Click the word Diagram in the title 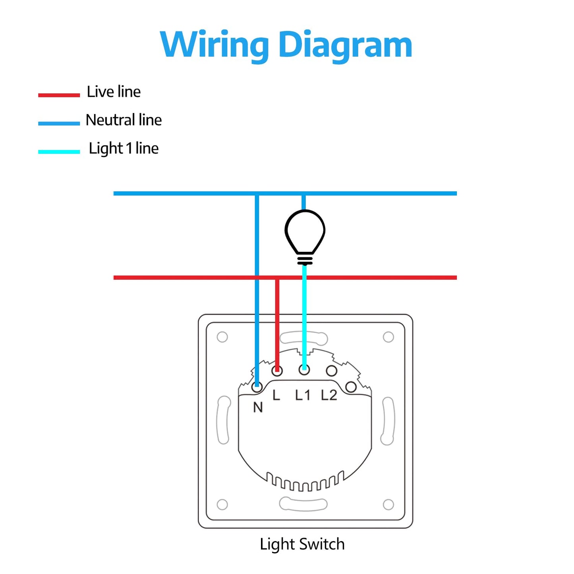click(x=345, y=44)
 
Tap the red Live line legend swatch click(x=59, y=95)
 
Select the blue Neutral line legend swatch click(x=59, y=123)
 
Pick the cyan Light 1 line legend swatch click(x=59, y=152)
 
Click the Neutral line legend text click(x=124, y=120)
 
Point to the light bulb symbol click(x=305, y=232)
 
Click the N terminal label click(x=258, y=407)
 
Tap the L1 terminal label click(x=302, y=395)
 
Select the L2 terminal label click(x=329, y=395)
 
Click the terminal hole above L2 click(x=331, y=371)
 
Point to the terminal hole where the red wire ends click(x=277, y=371)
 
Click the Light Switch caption click(x=302, y=544)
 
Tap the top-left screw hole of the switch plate click(x=222, y=337)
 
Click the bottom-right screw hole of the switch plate click(x=388, y=504)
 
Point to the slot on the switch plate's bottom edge click(x=303, y=504)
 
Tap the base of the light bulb click(x=305, y=260)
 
